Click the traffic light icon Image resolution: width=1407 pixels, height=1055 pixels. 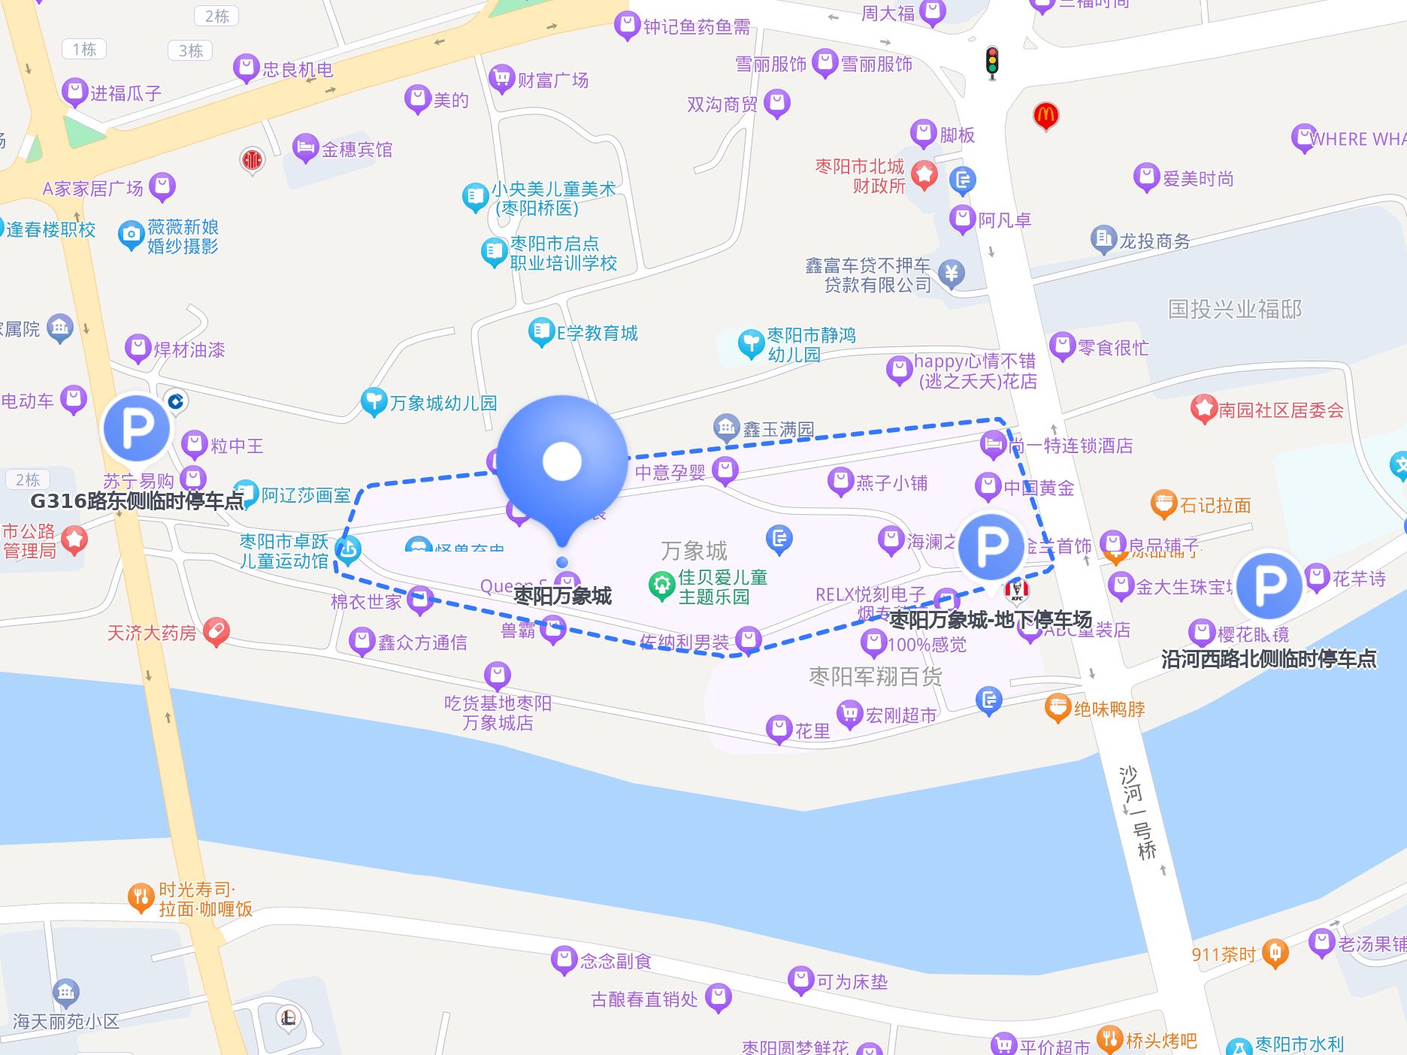992,62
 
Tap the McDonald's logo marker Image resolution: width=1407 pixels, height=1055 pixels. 1045,116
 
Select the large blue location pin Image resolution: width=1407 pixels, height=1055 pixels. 562,462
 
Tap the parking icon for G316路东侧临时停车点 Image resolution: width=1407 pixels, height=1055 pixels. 137,428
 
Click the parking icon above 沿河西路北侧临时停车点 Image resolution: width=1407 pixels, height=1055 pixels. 1269,585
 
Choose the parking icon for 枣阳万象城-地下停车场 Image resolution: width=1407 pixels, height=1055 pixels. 991,546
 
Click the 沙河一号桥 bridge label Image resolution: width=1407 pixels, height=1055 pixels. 1138,812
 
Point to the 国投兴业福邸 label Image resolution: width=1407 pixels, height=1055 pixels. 1234,309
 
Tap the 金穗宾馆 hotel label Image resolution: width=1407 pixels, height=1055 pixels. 356,150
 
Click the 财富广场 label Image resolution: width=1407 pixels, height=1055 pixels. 552,80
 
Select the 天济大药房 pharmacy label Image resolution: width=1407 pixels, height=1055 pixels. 152,633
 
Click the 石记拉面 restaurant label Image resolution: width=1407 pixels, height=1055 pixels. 1215,505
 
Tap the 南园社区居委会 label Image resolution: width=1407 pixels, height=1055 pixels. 1281,410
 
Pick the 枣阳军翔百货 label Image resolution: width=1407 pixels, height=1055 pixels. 875,676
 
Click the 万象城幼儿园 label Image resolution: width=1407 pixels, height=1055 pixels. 443,403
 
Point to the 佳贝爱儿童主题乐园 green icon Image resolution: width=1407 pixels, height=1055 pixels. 662,586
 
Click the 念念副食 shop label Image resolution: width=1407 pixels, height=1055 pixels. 615,960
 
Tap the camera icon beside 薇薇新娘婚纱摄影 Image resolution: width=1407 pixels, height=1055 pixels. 131,235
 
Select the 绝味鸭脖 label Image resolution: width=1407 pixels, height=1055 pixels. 1109,709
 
